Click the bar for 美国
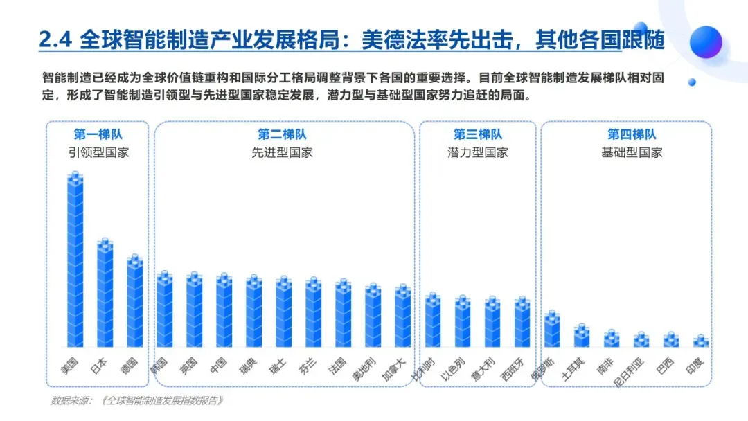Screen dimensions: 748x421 click(75, 260)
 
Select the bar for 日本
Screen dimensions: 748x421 click(105, 292)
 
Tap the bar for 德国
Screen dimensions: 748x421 click(135, 301)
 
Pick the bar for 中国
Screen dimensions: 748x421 click(224, 310)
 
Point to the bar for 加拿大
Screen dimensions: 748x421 click(403, 315)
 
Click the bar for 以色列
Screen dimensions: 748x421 click(463, 321)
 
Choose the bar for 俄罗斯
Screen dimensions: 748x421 click(552, 328)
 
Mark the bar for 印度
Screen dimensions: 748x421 click(701, 341)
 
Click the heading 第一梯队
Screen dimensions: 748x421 click(98, 134)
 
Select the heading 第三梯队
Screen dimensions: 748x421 click(477, 134)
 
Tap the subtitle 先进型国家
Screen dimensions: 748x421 click(282, 152)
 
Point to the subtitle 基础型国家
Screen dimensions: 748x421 click(632, 152)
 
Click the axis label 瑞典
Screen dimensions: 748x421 click(248, 366)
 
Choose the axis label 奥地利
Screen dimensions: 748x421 click(363, 369)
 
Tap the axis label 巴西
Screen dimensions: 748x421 click(665, 366)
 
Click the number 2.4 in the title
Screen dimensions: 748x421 click(55, 39)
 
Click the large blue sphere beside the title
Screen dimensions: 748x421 click(706, 42)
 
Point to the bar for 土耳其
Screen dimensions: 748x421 click(582, 335)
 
